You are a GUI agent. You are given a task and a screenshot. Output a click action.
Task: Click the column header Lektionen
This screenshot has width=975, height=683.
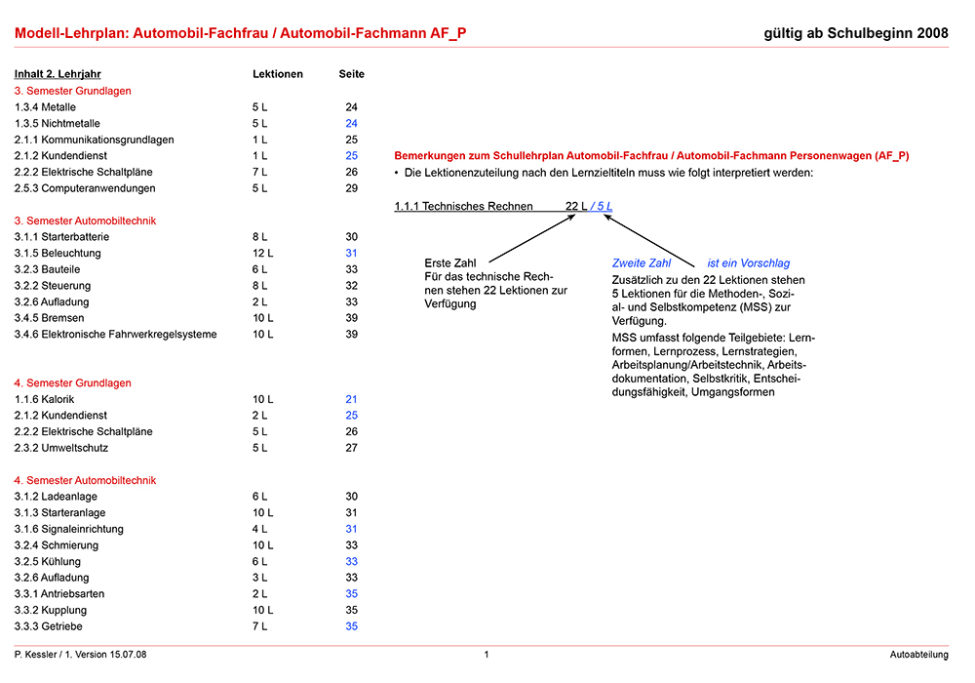(278, 74)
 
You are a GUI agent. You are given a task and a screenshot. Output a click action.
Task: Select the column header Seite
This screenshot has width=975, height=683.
(351, 74)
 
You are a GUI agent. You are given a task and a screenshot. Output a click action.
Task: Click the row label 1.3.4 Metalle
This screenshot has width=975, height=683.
(45, 107)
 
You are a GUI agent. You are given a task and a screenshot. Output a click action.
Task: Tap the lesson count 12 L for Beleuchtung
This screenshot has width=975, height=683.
(263, 254)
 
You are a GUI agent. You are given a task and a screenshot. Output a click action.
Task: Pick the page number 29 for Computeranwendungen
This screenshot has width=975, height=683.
(351, 188)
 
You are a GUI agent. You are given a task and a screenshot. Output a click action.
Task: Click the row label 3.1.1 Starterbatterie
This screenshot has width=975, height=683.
(62, 237)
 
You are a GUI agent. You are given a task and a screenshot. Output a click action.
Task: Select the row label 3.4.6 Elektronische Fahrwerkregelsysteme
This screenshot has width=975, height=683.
(116, 335)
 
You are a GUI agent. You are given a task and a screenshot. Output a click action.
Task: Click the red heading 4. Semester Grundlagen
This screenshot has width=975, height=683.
(73, 383)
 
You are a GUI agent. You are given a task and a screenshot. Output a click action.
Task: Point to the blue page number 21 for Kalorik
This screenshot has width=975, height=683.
(351, 400)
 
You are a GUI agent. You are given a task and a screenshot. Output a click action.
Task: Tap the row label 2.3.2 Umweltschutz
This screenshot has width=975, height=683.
(61, 449)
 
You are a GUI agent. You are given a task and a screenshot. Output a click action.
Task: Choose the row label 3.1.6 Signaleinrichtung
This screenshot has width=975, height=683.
(68, 530)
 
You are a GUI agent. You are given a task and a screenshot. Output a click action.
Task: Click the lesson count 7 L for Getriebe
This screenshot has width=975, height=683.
(259, 626)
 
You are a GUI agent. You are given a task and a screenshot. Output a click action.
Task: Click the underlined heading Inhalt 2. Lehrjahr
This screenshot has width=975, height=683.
(58, 74)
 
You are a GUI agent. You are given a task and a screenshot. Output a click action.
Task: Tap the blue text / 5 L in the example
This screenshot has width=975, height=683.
(602, 207)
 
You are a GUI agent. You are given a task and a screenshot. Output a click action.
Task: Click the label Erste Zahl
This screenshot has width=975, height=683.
(450, 263)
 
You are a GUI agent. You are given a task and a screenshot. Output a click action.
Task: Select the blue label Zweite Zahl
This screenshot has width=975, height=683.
(642, 263)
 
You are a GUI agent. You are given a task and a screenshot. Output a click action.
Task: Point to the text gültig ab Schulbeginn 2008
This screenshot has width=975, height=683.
(857, 33)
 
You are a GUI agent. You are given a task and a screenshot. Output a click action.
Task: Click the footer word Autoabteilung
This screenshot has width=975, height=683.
(919, 654)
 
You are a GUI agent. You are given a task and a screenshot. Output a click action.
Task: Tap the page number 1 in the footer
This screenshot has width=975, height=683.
(487, 654)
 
